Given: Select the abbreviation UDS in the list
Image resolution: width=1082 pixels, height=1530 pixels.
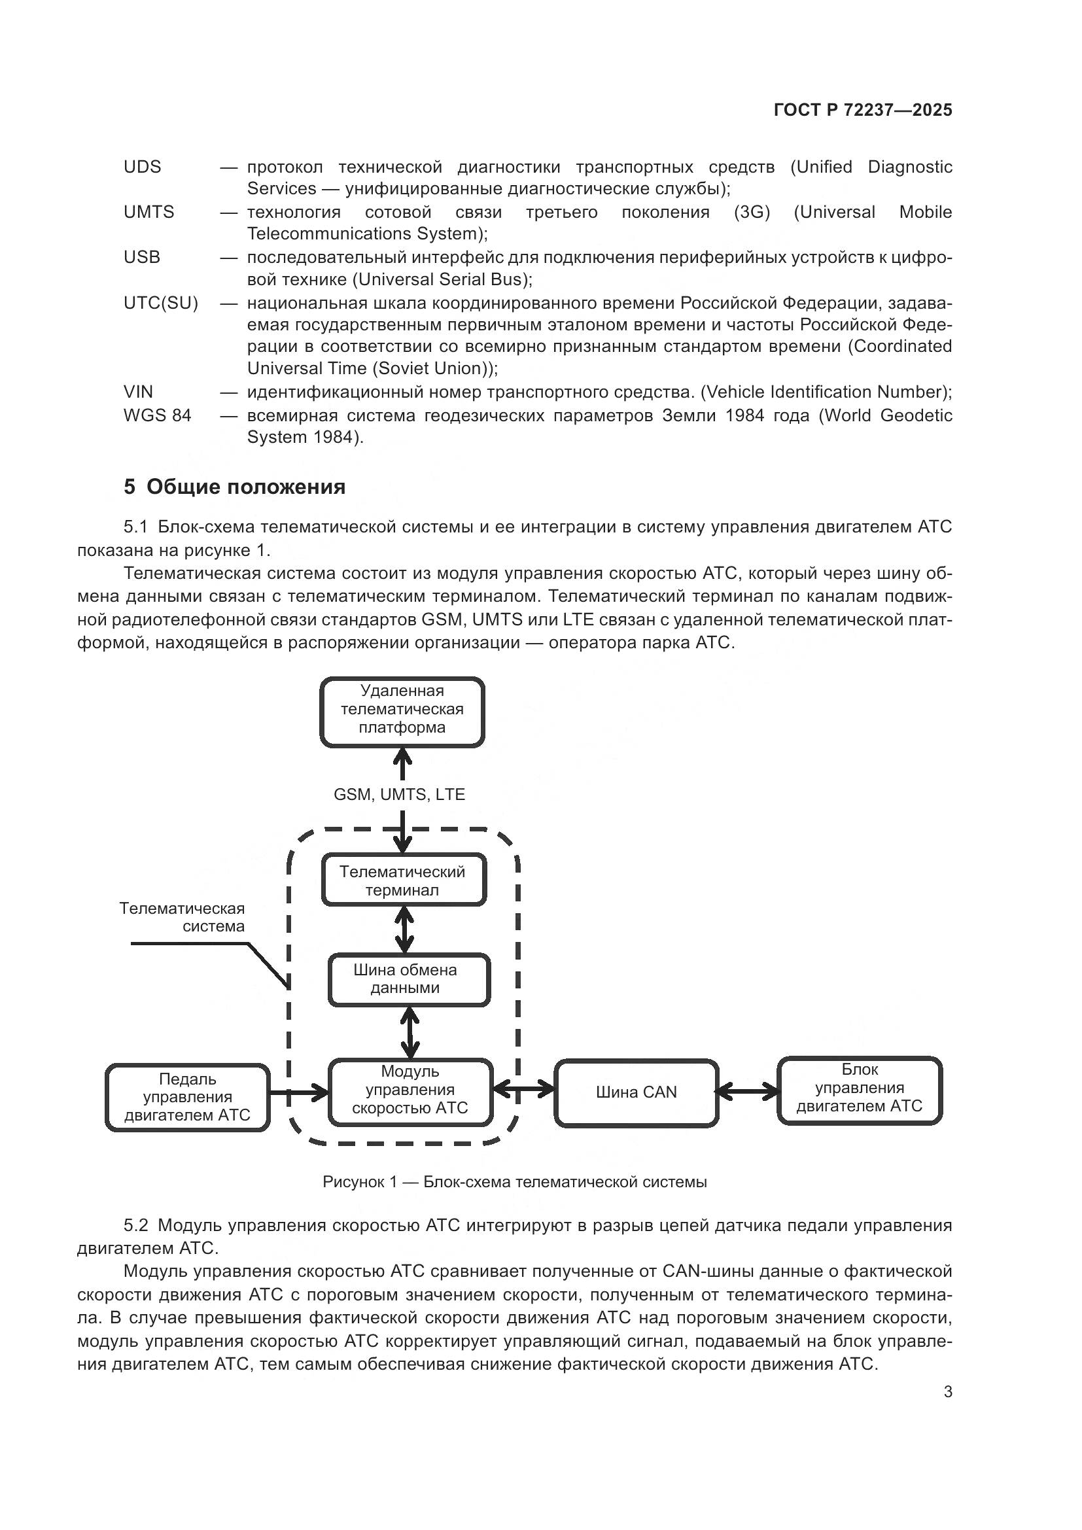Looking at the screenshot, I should click(x=142, y=167).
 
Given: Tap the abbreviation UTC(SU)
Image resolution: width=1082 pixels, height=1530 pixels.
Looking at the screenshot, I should click(x=160, y=304).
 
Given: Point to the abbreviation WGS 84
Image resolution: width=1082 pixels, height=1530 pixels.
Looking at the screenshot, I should click(x=157, y=415).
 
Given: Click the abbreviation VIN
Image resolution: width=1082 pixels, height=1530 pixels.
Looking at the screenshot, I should click(x=138, y=392).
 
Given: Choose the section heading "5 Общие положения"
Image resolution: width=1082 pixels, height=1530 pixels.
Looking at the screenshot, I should click(x=235, y=487).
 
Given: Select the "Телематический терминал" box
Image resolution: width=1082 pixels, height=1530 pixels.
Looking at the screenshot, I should click(x=403, y=881).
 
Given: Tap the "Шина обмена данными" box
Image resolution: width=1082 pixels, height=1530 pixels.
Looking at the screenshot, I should click(x=408, y=979).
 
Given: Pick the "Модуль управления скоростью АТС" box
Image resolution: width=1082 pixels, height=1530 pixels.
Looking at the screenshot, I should click(x=410, y=1090).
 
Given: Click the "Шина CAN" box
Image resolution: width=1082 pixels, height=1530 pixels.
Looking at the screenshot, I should click(x=637, y=1092).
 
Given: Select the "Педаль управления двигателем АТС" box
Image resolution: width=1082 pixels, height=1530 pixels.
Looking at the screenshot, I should click(x=187, y=1097).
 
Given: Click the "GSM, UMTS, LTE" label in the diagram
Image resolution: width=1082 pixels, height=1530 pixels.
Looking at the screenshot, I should click(x=399, y=794).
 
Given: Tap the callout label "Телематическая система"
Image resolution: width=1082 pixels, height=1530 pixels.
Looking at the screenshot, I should click(x=182, y=917).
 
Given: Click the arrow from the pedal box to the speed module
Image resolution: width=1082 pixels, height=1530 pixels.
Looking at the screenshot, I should click(x=299, y=1092).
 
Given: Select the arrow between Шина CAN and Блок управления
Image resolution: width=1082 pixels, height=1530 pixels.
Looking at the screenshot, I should click(x=748, y=1092).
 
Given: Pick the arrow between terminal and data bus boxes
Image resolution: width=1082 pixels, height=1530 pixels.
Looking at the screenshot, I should click(x=404, y=930).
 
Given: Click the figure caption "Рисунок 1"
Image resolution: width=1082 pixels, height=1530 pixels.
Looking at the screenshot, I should click(x=514, y=1182).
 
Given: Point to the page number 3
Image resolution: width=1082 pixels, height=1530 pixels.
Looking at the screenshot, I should click(x=947, y=1392).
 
